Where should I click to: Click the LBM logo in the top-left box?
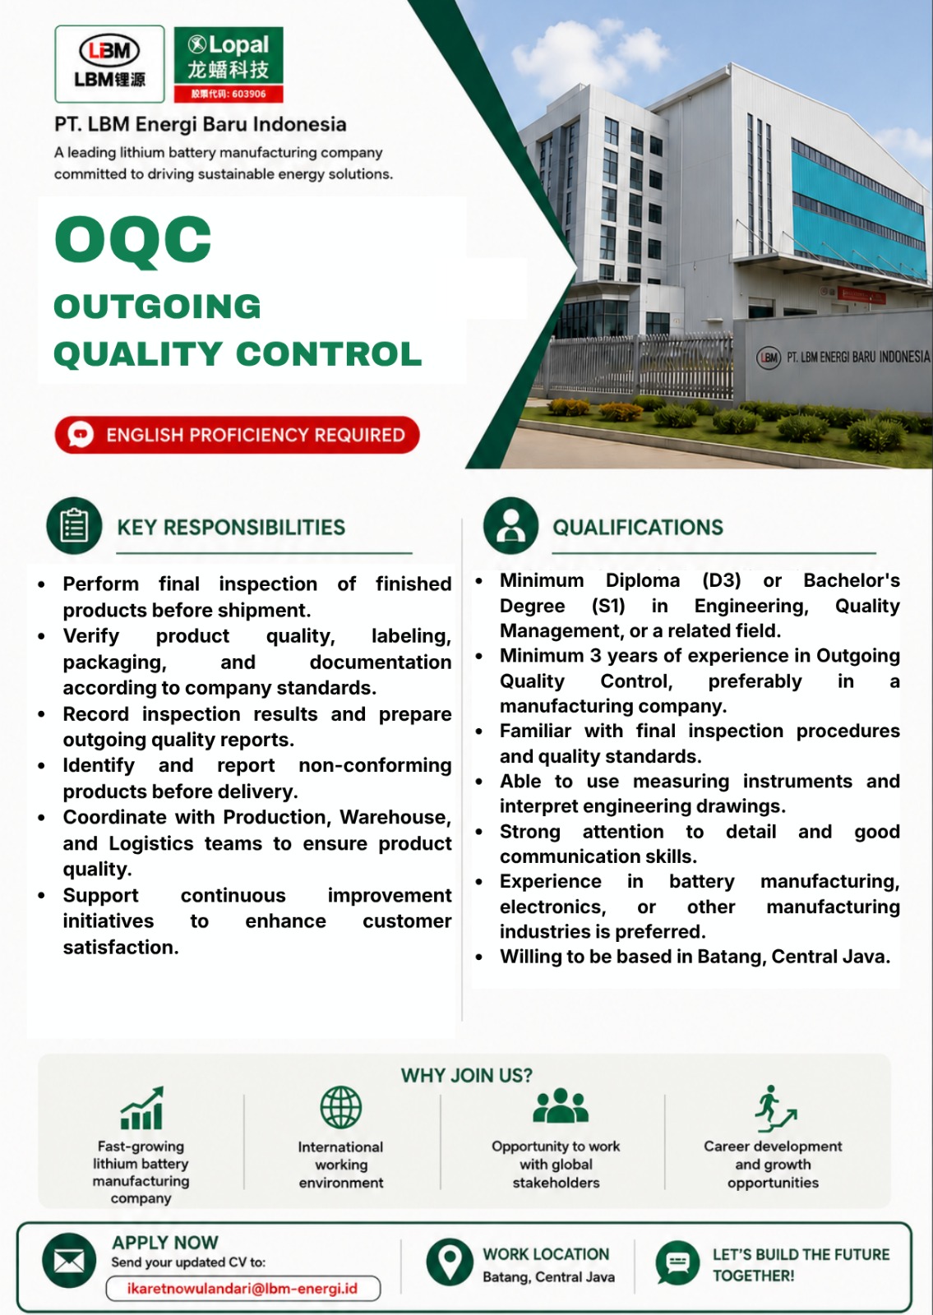[x=109, y=64]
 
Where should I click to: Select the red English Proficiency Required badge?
[x=238, y=435]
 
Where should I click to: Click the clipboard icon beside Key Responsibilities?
[x=74, y=525]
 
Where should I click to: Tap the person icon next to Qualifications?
[x=510, y=525]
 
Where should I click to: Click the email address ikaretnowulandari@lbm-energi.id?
[x=242, y=1289]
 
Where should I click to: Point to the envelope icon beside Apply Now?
[x=69, y=1261]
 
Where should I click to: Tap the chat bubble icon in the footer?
[x=677, y=1262]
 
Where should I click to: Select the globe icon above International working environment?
[x=340, y=1106]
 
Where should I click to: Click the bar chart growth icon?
[x=142, y=1108]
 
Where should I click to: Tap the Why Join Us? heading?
[x=467, y=1076]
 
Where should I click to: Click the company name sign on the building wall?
[x=843, y=357]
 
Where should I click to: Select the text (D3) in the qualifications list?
[x=722, y=580]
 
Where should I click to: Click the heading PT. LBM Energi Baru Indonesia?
[x=201, y=124]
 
